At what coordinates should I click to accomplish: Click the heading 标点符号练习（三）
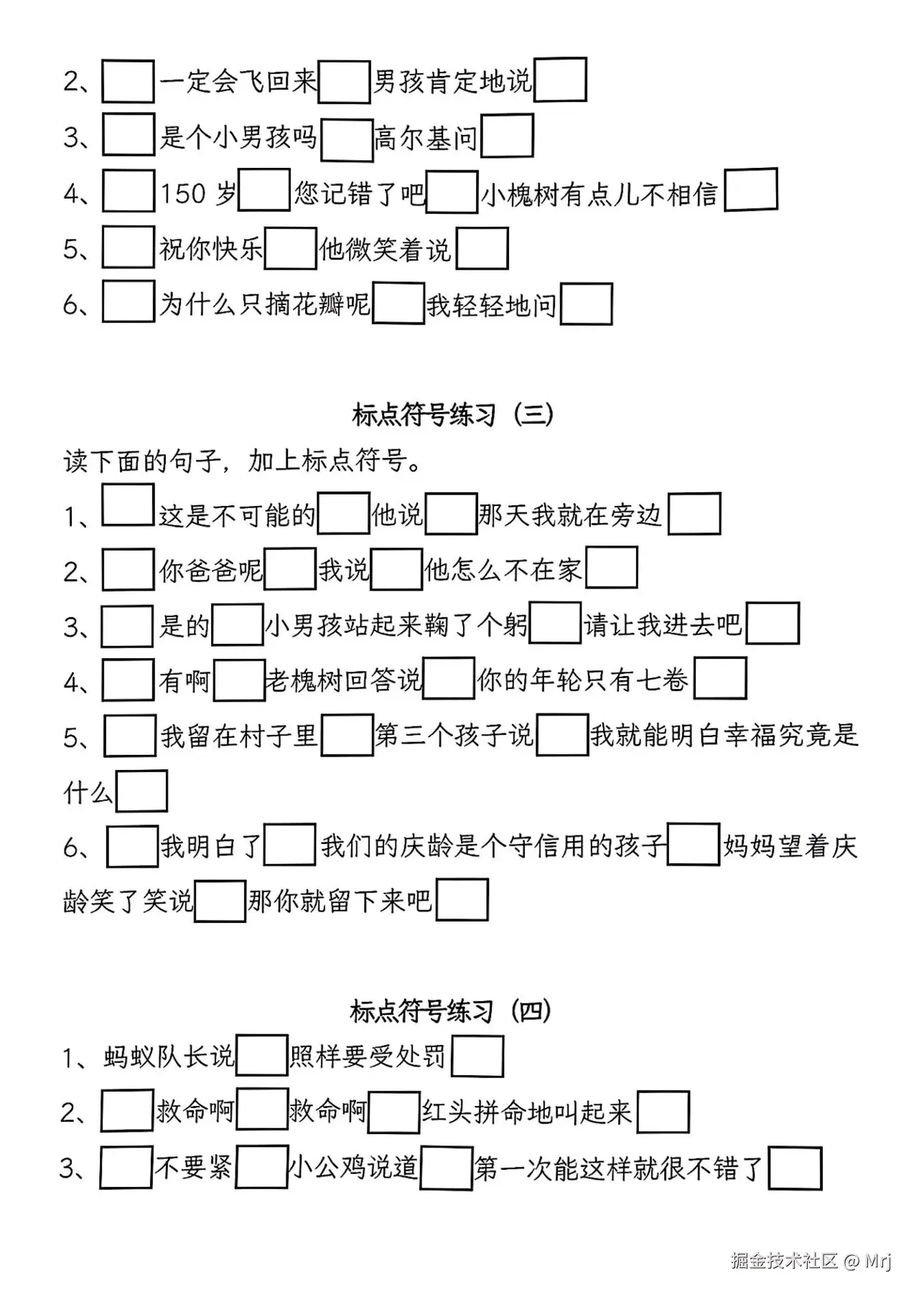(x=453, y=415)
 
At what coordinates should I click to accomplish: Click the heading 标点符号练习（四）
(x=451, y=1011)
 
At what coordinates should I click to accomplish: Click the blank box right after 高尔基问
(x=507, y=136)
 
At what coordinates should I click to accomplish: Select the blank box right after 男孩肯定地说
(x=560, y=80)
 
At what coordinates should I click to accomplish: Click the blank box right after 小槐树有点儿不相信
(x=751, y=189)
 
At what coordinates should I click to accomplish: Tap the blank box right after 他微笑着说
(x=482, y=248)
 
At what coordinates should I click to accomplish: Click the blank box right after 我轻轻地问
(x=586, y=304)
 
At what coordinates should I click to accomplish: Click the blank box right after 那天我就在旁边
(x=694, y=514)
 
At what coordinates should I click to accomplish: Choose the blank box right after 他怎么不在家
(x=612, y=568)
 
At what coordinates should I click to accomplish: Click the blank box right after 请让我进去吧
(x=773, y=624)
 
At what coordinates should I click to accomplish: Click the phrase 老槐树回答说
(x=343, y=680)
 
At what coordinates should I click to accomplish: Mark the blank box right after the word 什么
(x=141, y=791)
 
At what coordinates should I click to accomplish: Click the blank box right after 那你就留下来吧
(x=462, y=900)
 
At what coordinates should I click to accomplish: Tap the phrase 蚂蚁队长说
(x=169, y=1056)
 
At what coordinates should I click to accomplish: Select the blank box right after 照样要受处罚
(x=477, y=1056)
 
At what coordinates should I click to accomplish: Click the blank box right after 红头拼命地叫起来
(x=663, y=1112)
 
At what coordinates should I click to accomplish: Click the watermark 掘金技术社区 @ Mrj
(x=811, y=1261)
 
